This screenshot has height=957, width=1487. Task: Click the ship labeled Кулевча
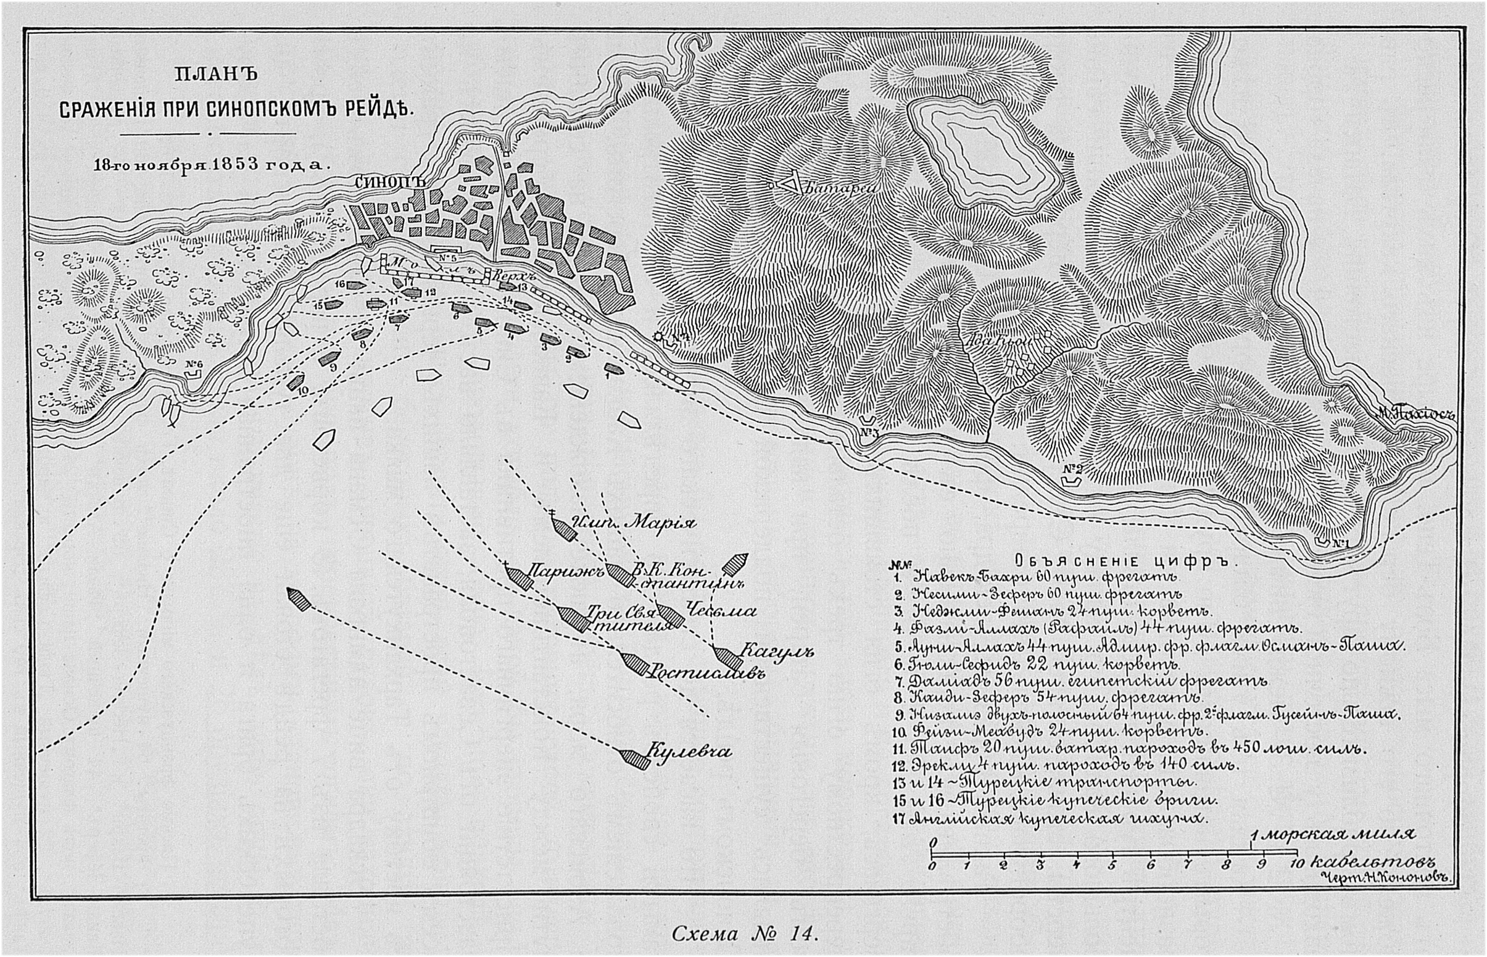pyautogui.click(x=634, y=759)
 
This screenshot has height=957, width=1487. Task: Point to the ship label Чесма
pyautogui.click(x=721, y=611)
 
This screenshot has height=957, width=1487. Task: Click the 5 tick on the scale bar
pyautogui.click(x=1112, y=864)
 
